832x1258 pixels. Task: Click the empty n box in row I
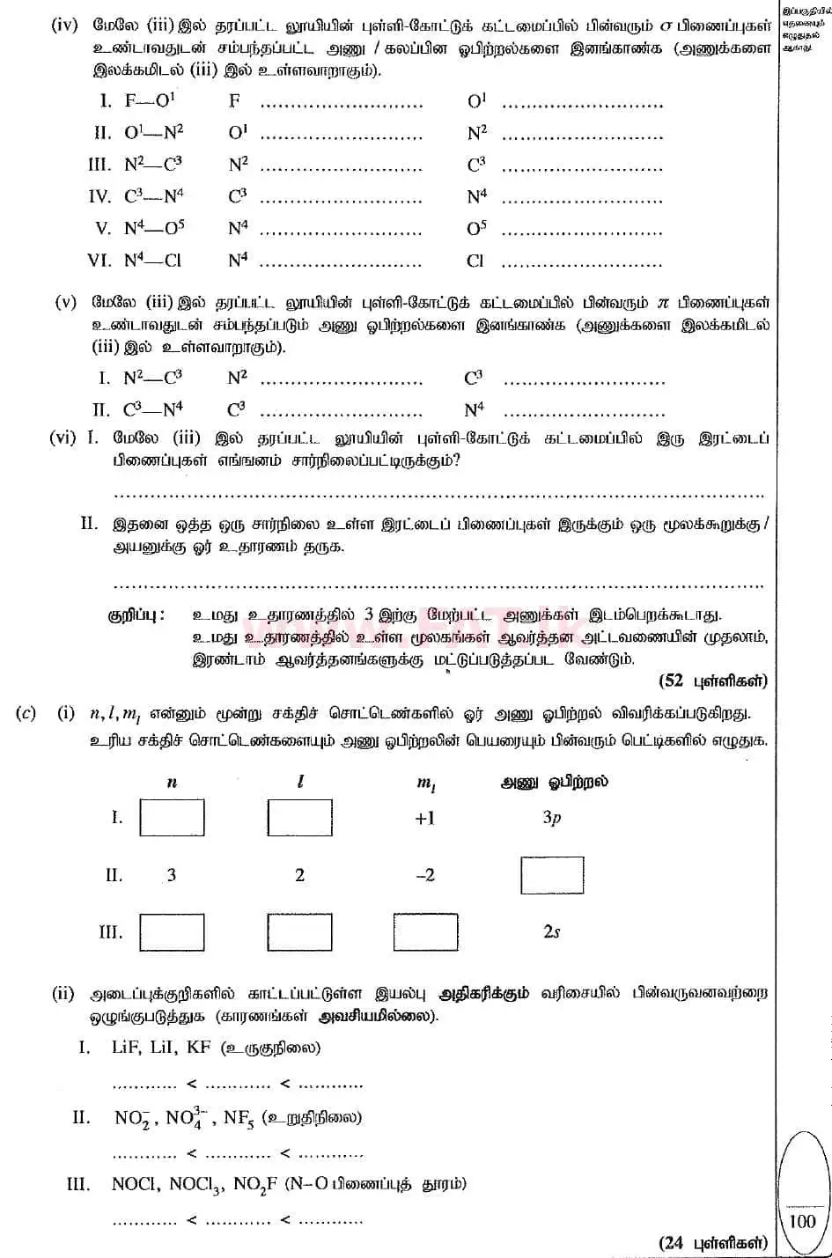(x=172, y=818)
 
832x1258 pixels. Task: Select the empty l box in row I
(x=299, y=818)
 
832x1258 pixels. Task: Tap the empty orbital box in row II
(x=552, y=875)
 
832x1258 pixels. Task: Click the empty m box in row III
(x=425, y=932)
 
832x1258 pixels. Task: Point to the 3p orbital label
(x=552, y=818)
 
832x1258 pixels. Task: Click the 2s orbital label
(x=552, y=932)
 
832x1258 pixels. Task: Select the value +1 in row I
(x=425, y=818)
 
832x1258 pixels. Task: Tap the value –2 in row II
(x=424, y=875)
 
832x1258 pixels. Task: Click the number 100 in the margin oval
(x=802, y=1221)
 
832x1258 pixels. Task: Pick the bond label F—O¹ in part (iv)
(x=149, y=101)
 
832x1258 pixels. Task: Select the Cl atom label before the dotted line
(x=475, y=261)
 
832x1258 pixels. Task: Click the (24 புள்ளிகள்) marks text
(x=712, y=1242)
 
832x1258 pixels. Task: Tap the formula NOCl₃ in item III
(x=197, y=1185)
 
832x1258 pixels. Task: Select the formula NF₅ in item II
(x=239, y=1118)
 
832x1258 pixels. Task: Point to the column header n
(x=172, y=782)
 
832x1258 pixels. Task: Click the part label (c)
(x=26, y=713)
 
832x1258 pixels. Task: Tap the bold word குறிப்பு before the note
(x=135, y=614)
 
